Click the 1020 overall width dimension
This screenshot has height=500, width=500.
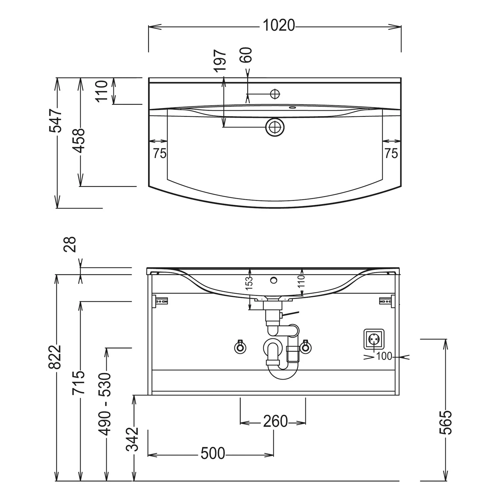(x=279, y=25)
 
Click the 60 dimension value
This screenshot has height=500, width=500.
(x=246, y=55)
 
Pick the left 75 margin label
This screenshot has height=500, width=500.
(x=160, y=153)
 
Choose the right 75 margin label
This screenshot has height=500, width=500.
(x=391, y=153)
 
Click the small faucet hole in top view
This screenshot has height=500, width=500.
(x=275, y=94)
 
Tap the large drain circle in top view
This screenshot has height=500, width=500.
(x=275, y=127)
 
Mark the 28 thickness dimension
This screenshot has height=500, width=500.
(x=71, y=244)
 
